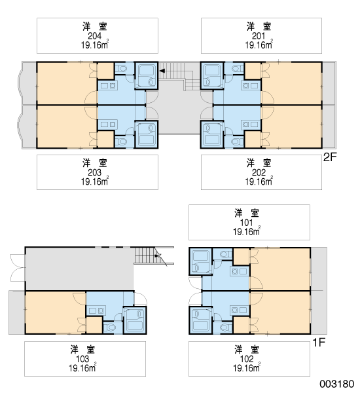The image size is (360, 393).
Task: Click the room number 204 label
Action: tap(94, 36)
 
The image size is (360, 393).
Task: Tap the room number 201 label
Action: tap(259, 36)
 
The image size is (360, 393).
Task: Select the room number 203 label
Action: tap(94, 172)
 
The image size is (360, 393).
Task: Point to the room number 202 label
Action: tap(259, 172)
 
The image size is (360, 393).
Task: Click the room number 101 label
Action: tap(247, 223)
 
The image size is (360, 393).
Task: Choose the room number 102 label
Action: tap(247, 359)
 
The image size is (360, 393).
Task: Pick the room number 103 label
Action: tap(82, 359)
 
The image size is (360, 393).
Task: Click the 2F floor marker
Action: tap(330, 157)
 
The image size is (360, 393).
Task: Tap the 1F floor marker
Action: tap(319, 343)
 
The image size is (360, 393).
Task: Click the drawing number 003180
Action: tap(336, 384)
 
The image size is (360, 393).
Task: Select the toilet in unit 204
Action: tap(121, 68)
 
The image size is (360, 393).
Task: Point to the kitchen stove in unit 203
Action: tap(108, 124)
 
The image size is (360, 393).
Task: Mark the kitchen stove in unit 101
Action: tap(240, 271)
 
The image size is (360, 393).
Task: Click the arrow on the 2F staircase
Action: tap(162, 71)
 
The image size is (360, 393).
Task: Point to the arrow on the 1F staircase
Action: tap(157, 256)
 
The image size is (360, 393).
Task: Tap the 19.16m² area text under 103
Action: tap(82, 368)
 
